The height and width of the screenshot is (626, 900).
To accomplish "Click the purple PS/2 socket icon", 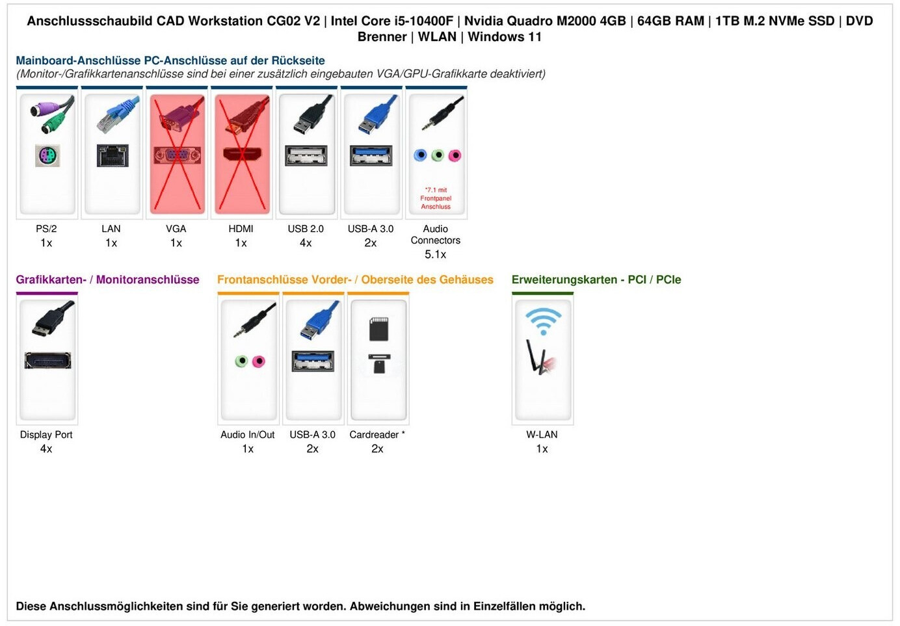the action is [47, 156].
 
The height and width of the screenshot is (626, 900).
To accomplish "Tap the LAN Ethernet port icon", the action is [112, 156].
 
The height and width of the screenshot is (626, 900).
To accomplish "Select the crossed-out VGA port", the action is [177, 155].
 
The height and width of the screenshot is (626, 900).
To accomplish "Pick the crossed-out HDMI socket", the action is [241, 155].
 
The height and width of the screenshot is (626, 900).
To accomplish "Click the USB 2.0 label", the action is [306, 229].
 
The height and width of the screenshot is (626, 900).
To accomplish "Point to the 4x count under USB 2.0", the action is [306, 243].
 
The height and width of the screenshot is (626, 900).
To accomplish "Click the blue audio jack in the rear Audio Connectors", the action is [421, 155].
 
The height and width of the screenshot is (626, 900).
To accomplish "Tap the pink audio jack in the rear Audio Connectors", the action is [455, 155].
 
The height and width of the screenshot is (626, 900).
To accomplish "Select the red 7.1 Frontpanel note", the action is [436, 198].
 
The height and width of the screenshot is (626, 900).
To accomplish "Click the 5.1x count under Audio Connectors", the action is [436, 255].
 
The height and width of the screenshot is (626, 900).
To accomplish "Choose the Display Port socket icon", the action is [47, 361].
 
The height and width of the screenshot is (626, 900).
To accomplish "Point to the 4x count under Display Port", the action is [46, 449].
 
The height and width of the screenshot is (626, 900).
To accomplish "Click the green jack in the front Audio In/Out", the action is [241, 361].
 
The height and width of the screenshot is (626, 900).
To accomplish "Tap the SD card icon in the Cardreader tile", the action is [378, 330].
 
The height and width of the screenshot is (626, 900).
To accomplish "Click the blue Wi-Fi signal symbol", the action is [543, 320].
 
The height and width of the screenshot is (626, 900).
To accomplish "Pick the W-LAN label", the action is [542, 435].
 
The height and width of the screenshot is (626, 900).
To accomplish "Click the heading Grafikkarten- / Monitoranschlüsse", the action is [107, 280].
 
